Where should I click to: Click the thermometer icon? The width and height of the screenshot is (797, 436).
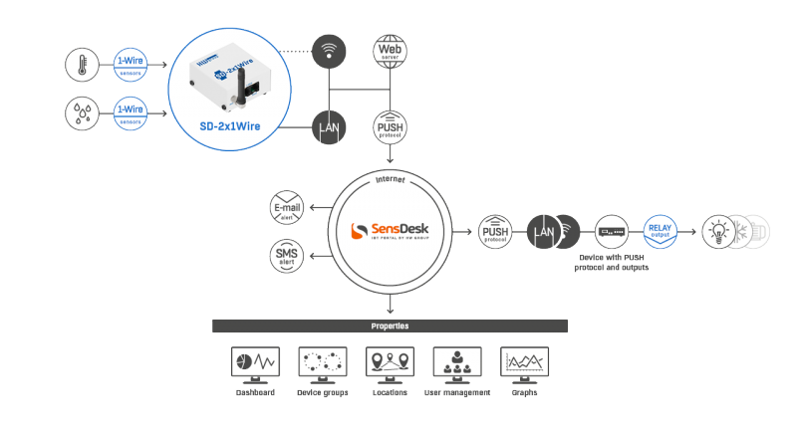80,66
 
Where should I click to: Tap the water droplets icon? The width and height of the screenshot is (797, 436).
80,113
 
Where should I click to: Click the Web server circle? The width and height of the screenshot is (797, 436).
389,50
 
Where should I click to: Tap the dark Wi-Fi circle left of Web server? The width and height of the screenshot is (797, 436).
330,50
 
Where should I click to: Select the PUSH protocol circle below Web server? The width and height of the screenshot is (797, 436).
389,127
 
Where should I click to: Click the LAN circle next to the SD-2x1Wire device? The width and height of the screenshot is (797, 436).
330,127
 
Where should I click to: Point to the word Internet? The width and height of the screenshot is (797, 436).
389,180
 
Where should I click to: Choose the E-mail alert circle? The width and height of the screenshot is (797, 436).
287,208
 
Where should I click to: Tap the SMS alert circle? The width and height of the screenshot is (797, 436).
287,255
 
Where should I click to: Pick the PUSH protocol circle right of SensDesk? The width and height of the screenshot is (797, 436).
495,231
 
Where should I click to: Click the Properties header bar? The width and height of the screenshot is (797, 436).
390,326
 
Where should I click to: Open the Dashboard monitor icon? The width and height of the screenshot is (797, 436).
255,363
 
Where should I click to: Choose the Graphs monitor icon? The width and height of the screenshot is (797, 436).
524,363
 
